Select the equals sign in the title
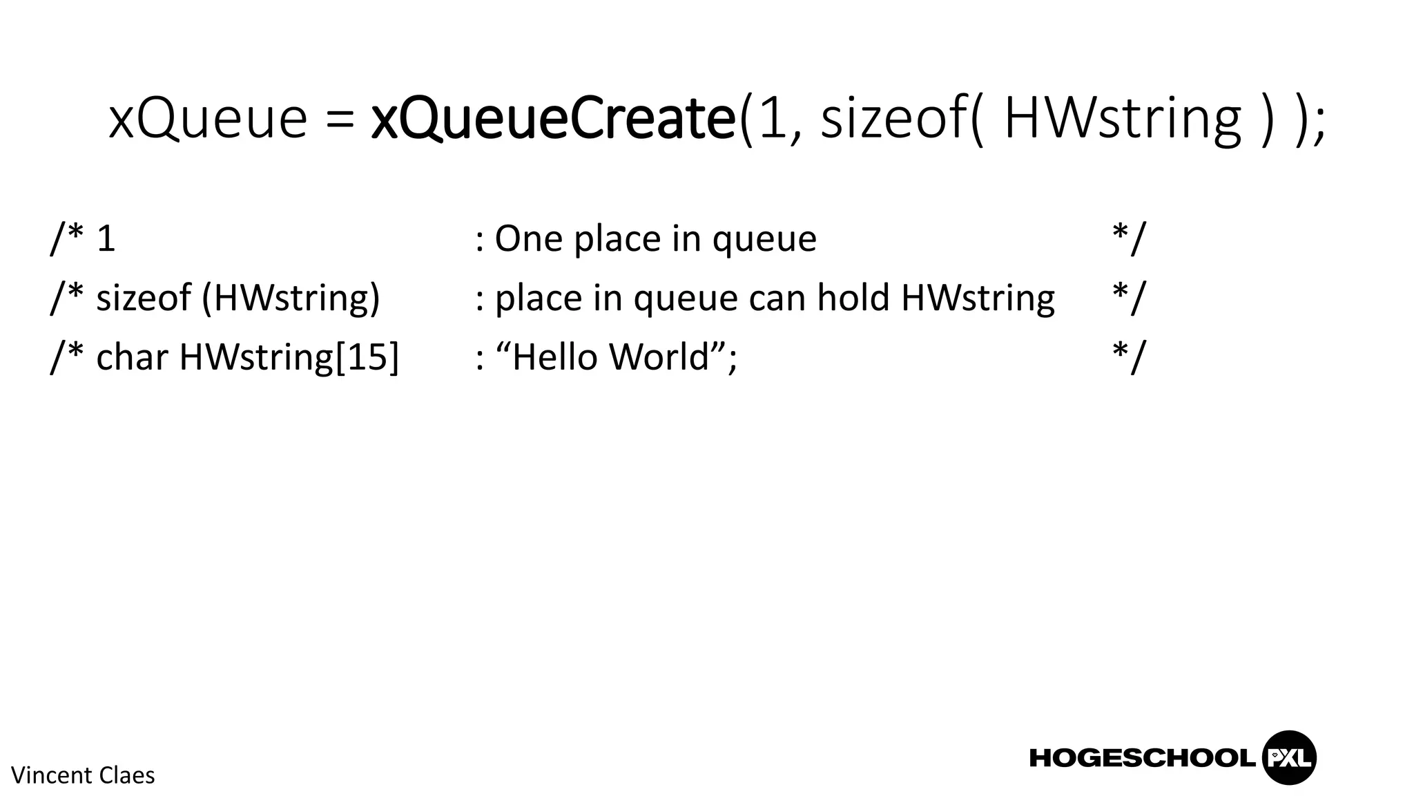339,122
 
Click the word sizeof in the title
893,119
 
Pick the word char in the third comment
132,357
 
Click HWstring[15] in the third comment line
289,358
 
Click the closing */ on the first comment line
1128,239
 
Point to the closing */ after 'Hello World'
1128,357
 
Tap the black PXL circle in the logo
1288,758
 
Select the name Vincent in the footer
52,775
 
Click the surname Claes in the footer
127,775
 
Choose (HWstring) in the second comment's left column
291,299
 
